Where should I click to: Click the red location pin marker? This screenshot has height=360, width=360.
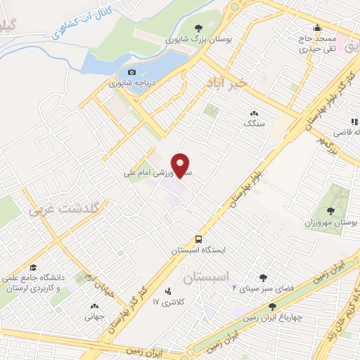181,164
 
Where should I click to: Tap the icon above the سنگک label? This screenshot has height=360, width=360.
253,112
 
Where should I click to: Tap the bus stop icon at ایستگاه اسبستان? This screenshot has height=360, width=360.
200,238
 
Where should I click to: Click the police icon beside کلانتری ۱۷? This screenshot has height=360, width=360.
167,290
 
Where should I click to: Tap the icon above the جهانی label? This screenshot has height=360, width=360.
94,306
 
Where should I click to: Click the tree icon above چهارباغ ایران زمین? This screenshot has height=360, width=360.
273,306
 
